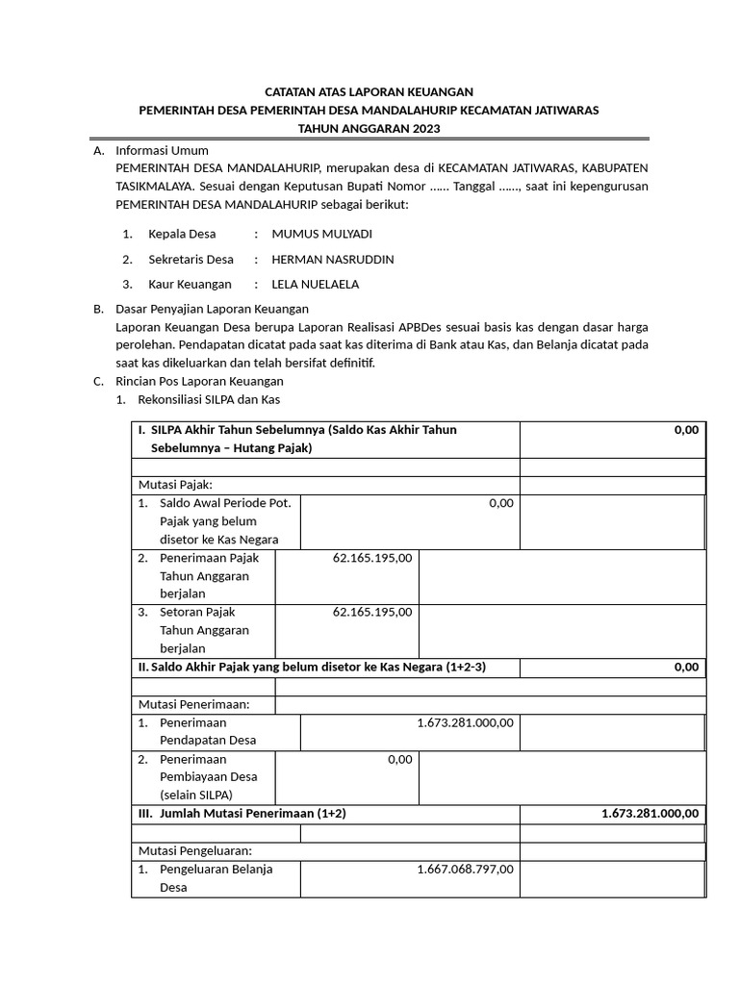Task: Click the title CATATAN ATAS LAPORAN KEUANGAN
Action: coord(369,91)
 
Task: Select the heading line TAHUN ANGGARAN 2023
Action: coord(369,129)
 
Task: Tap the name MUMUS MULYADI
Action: coord(321,234)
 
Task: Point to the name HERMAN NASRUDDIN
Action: coord(333,260)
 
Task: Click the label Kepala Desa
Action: coord(182,234)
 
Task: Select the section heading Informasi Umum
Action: coord(162,150)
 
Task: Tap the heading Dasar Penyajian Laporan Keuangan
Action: coord(212,309)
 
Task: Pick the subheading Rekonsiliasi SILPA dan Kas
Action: coord(210,399)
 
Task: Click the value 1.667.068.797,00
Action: coord(465,870)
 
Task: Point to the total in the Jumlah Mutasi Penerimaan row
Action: coord(650,814)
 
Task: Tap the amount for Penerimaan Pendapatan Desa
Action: coord(465,722)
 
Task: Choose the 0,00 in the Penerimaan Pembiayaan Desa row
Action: coord(399,760)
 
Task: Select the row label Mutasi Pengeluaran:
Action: coord(195,850)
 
